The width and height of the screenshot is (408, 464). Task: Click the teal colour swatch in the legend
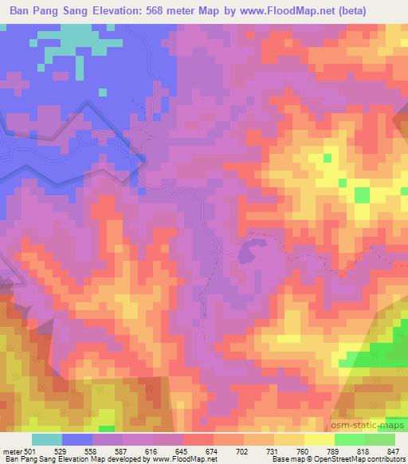coord(47,439)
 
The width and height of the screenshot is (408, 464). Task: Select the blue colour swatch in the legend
coord(77,439)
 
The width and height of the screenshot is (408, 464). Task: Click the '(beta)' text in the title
coord(382,11)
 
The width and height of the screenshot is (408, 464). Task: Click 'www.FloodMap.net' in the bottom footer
coord(182,459)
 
